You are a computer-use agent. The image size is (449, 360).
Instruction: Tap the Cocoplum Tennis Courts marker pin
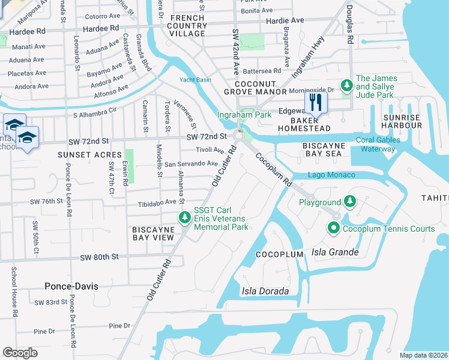pyautogui.click(x=333, y=228)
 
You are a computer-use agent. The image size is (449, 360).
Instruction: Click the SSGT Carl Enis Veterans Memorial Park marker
pyautogui.click(x=185, y=217)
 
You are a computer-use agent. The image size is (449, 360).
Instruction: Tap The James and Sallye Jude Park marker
pyautogui.click(x=346, y=86)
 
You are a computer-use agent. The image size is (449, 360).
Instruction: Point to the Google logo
pyautogui.click(x=20, y=353)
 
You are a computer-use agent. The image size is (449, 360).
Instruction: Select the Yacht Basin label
pyautogui.click(x=195, y=80)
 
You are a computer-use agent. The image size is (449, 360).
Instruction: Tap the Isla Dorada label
pyautogui.click(x=265, y=291)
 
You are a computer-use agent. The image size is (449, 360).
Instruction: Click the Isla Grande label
pyautogui.click(x=335, y=252)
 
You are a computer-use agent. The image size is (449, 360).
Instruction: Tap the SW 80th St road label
pyautogui.click(x=100, y=257)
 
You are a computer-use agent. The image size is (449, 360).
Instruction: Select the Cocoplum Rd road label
pyautogui.click(x=274, y=169)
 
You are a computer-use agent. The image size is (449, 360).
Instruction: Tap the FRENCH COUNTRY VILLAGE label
pyautogui.click(x=187, y=26)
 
